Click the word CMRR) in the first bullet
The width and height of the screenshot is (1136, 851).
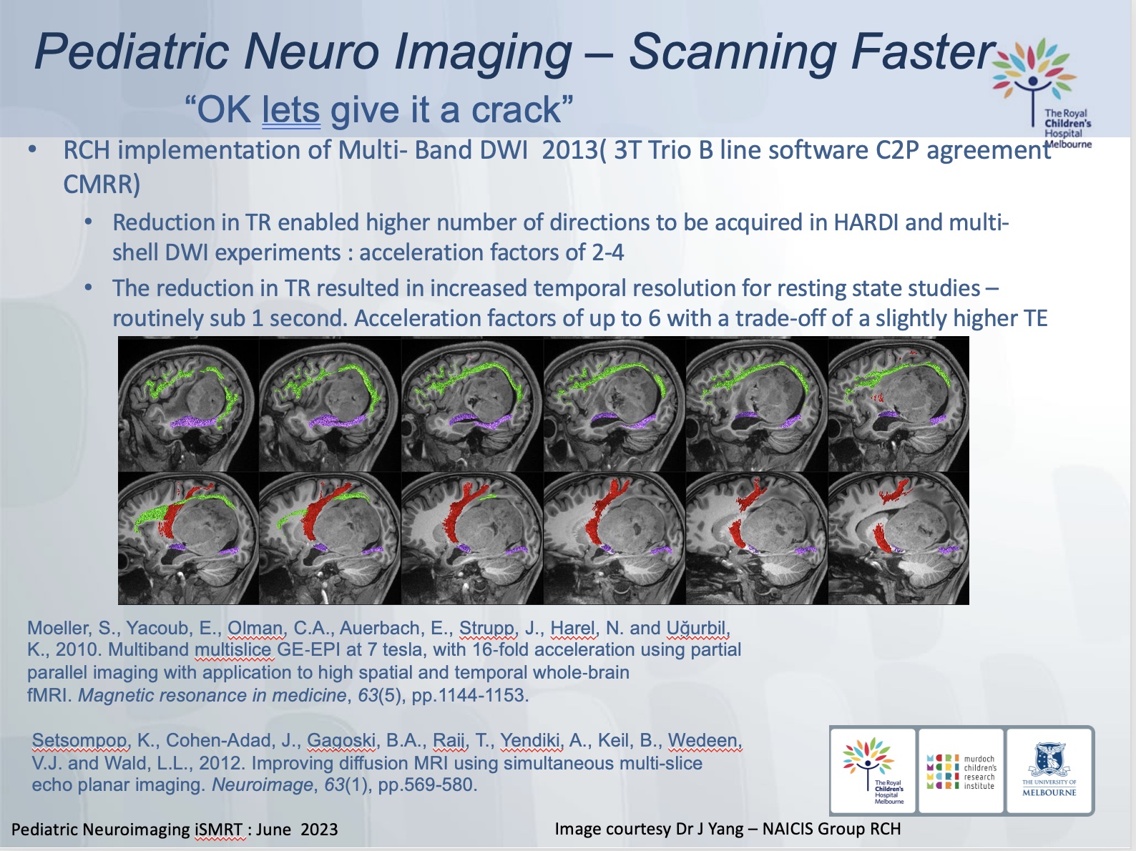pos(102,185)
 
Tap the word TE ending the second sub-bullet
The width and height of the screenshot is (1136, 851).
pos(1034,318)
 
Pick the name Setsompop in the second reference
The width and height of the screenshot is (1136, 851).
pos(80,741)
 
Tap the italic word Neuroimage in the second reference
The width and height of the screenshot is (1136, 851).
pos(263,784)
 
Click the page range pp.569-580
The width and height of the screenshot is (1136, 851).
pos(428,784)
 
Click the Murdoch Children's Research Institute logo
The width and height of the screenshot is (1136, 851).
pos(961,772)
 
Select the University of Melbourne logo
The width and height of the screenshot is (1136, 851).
pos(1049,772)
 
